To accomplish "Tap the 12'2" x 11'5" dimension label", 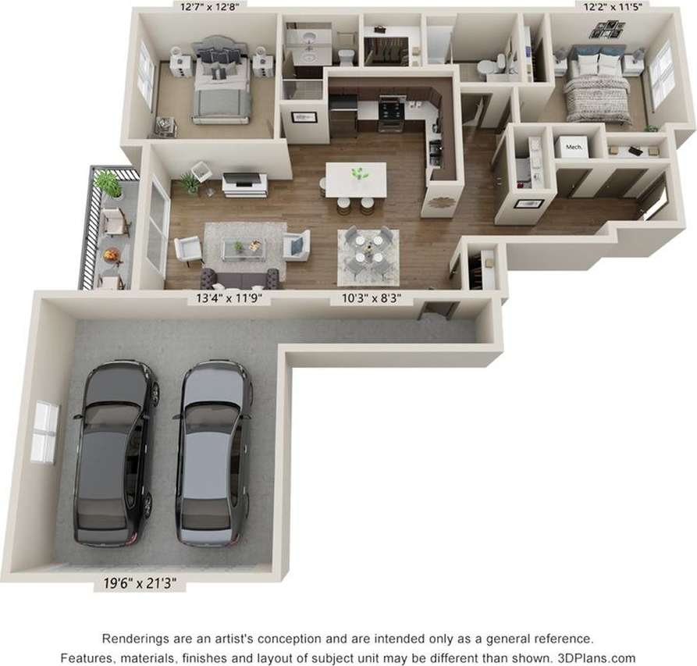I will click(617, 7).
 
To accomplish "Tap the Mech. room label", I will click(574, 146).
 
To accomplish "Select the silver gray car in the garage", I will click(212, 453).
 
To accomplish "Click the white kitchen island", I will click(356, 180).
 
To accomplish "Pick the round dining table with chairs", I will click(367, 256).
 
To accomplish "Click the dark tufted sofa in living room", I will click(240, 277).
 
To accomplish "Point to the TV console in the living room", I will click(245, 184).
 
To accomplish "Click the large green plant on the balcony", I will click(108, 184).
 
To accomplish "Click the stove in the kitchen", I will click(391, 113).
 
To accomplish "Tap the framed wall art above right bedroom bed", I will click(606, 30).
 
